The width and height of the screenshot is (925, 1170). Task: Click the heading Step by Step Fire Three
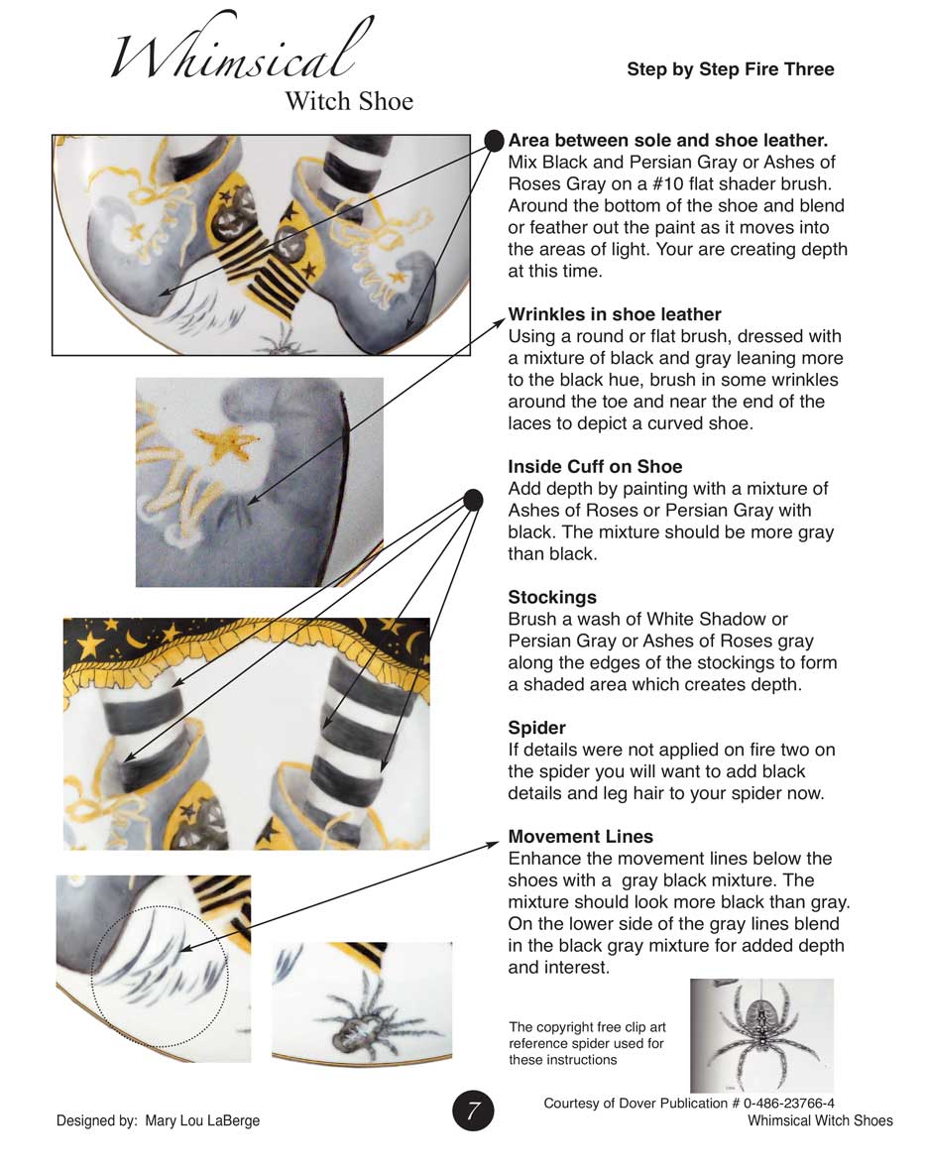tap(730, 69)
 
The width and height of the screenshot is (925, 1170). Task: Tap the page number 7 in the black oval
tap(474, 1111)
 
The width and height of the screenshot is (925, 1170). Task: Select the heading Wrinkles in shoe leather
tap(615, 315)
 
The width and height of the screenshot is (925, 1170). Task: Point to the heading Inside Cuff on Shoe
tap(595, 466)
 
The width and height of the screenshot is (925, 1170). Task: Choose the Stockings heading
tap(552, 597)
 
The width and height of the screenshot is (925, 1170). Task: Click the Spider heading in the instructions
tap(536, 728)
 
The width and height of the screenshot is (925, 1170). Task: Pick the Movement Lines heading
tap(580, 837)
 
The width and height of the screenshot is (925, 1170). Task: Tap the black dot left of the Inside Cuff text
tap(473, 500)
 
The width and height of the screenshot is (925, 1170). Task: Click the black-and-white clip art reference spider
tap(761, 1034)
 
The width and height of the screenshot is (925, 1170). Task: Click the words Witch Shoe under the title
tap(349, 101)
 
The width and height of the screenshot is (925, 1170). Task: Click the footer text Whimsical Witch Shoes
tap(820, 1121)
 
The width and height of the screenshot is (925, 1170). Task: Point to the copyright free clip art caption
tap(586, 1043)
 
